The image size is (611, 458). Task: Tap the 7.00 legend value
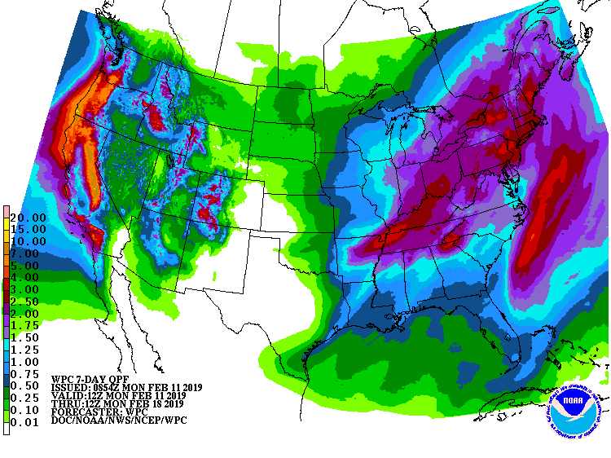tap(27, 254)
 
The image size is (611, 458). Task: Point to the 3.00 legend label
tap(27, 290)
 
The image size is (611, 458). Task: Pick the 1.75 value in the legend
tap(27, 326)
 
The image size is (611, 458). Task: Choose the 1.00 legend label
tap(27, 362)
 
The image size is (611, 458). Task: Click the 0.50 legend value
tap(27, 386)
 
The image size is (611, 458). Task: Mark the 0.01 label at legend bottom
tap(27, 422)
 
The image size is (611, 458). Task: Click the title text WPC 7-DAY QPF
tap(89, 379)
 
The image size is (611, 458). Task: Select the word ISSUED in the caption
tap(70, 387)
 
